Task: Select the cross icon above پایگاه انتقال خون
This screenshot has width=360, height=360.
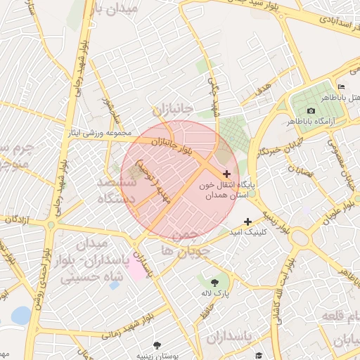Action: point(226,174)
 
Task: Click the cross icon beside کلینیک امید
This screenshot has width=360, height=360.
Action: point(247,221)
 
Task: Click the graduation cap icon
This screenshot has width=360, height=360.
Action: point(258,356)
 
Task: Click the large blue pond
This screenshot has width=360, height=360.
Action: point(21,316)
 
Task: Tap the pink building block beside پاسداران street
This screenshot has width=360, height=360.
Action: point(134,271)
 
